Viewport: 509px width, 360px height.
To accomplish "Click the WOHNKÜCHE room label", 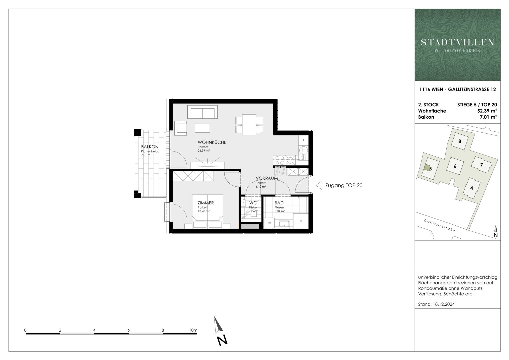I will point(212,142).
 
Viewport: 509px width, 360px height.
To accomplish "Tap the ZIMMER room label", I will point(205,203).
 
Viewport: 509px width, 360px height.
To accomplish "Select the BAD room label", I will point(279,203).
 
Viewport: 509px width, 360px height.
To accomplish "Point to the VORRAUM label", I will point(267,178).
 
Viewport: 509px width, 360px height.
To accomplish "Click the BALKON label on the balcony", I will point(150,147).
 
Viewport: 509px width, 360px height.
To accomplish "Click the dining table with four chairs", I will point(249,125).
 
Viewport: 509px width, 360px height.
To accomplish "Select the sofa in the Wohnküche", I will point(203,112).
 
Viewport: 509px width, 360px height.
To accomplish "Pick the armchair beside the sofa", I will point(180,128).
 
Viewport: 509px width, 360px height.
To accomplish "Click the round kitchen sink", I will point(304,150).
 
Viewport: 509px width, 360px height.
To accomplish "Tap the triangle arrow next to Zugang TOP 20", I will point(319,185).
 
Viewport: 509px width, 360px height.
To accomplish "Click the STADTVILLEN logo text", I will point(457,42).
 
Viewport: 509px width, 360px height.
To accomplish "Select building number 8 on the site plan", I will point(460,141).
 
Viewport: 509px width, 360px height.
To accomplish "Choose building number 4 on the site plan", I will point(471,188).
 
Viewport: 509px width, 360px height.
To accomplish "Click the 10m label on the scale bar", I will point(193,330).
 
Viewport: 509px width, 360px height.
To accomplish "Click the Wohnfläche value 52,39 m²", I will point(487,111).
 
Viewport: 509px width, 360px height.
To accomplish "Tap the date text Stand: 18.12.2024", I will point(436,304).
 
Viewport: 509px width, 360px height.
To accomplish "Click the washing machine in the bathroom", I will point(269,223).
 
